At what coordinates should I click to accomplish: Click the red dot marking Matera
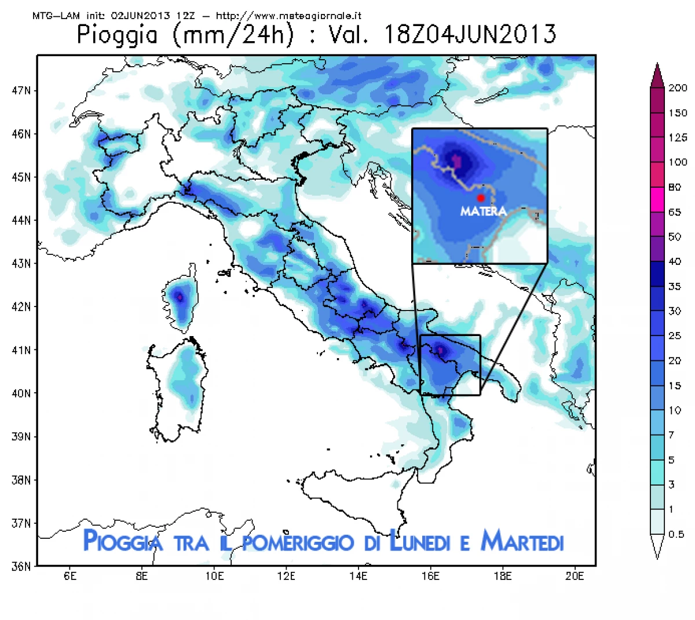(481, 198)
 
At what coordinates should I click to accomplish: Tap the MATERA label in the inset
(483, 211)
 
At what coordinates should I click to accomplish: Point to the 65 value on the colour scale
(675, 212)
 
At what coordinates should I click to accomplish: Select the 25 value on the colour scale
(675, 336)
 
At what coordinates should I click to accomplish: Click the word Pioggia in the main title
(118, 35)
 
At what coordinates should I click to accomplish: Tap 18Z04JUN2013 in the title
(470, 35)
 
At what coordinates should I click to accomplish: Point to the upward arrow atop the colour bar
(657, 75)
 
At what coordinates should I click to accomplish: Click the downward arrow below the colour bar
(657, 547)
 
